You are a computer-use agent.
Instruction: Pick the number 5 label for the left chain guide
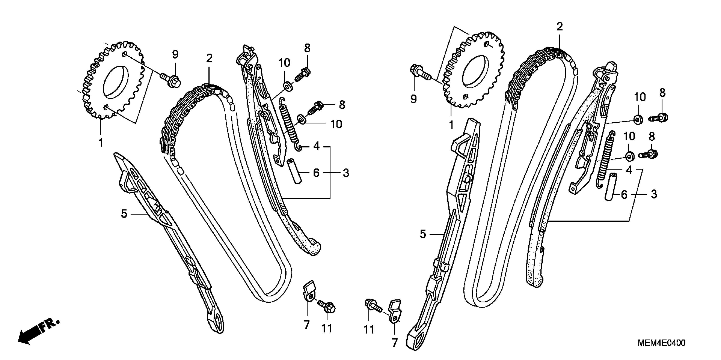[124, 214]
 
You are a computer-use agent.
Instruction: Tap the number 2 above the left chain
[209, 58]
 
